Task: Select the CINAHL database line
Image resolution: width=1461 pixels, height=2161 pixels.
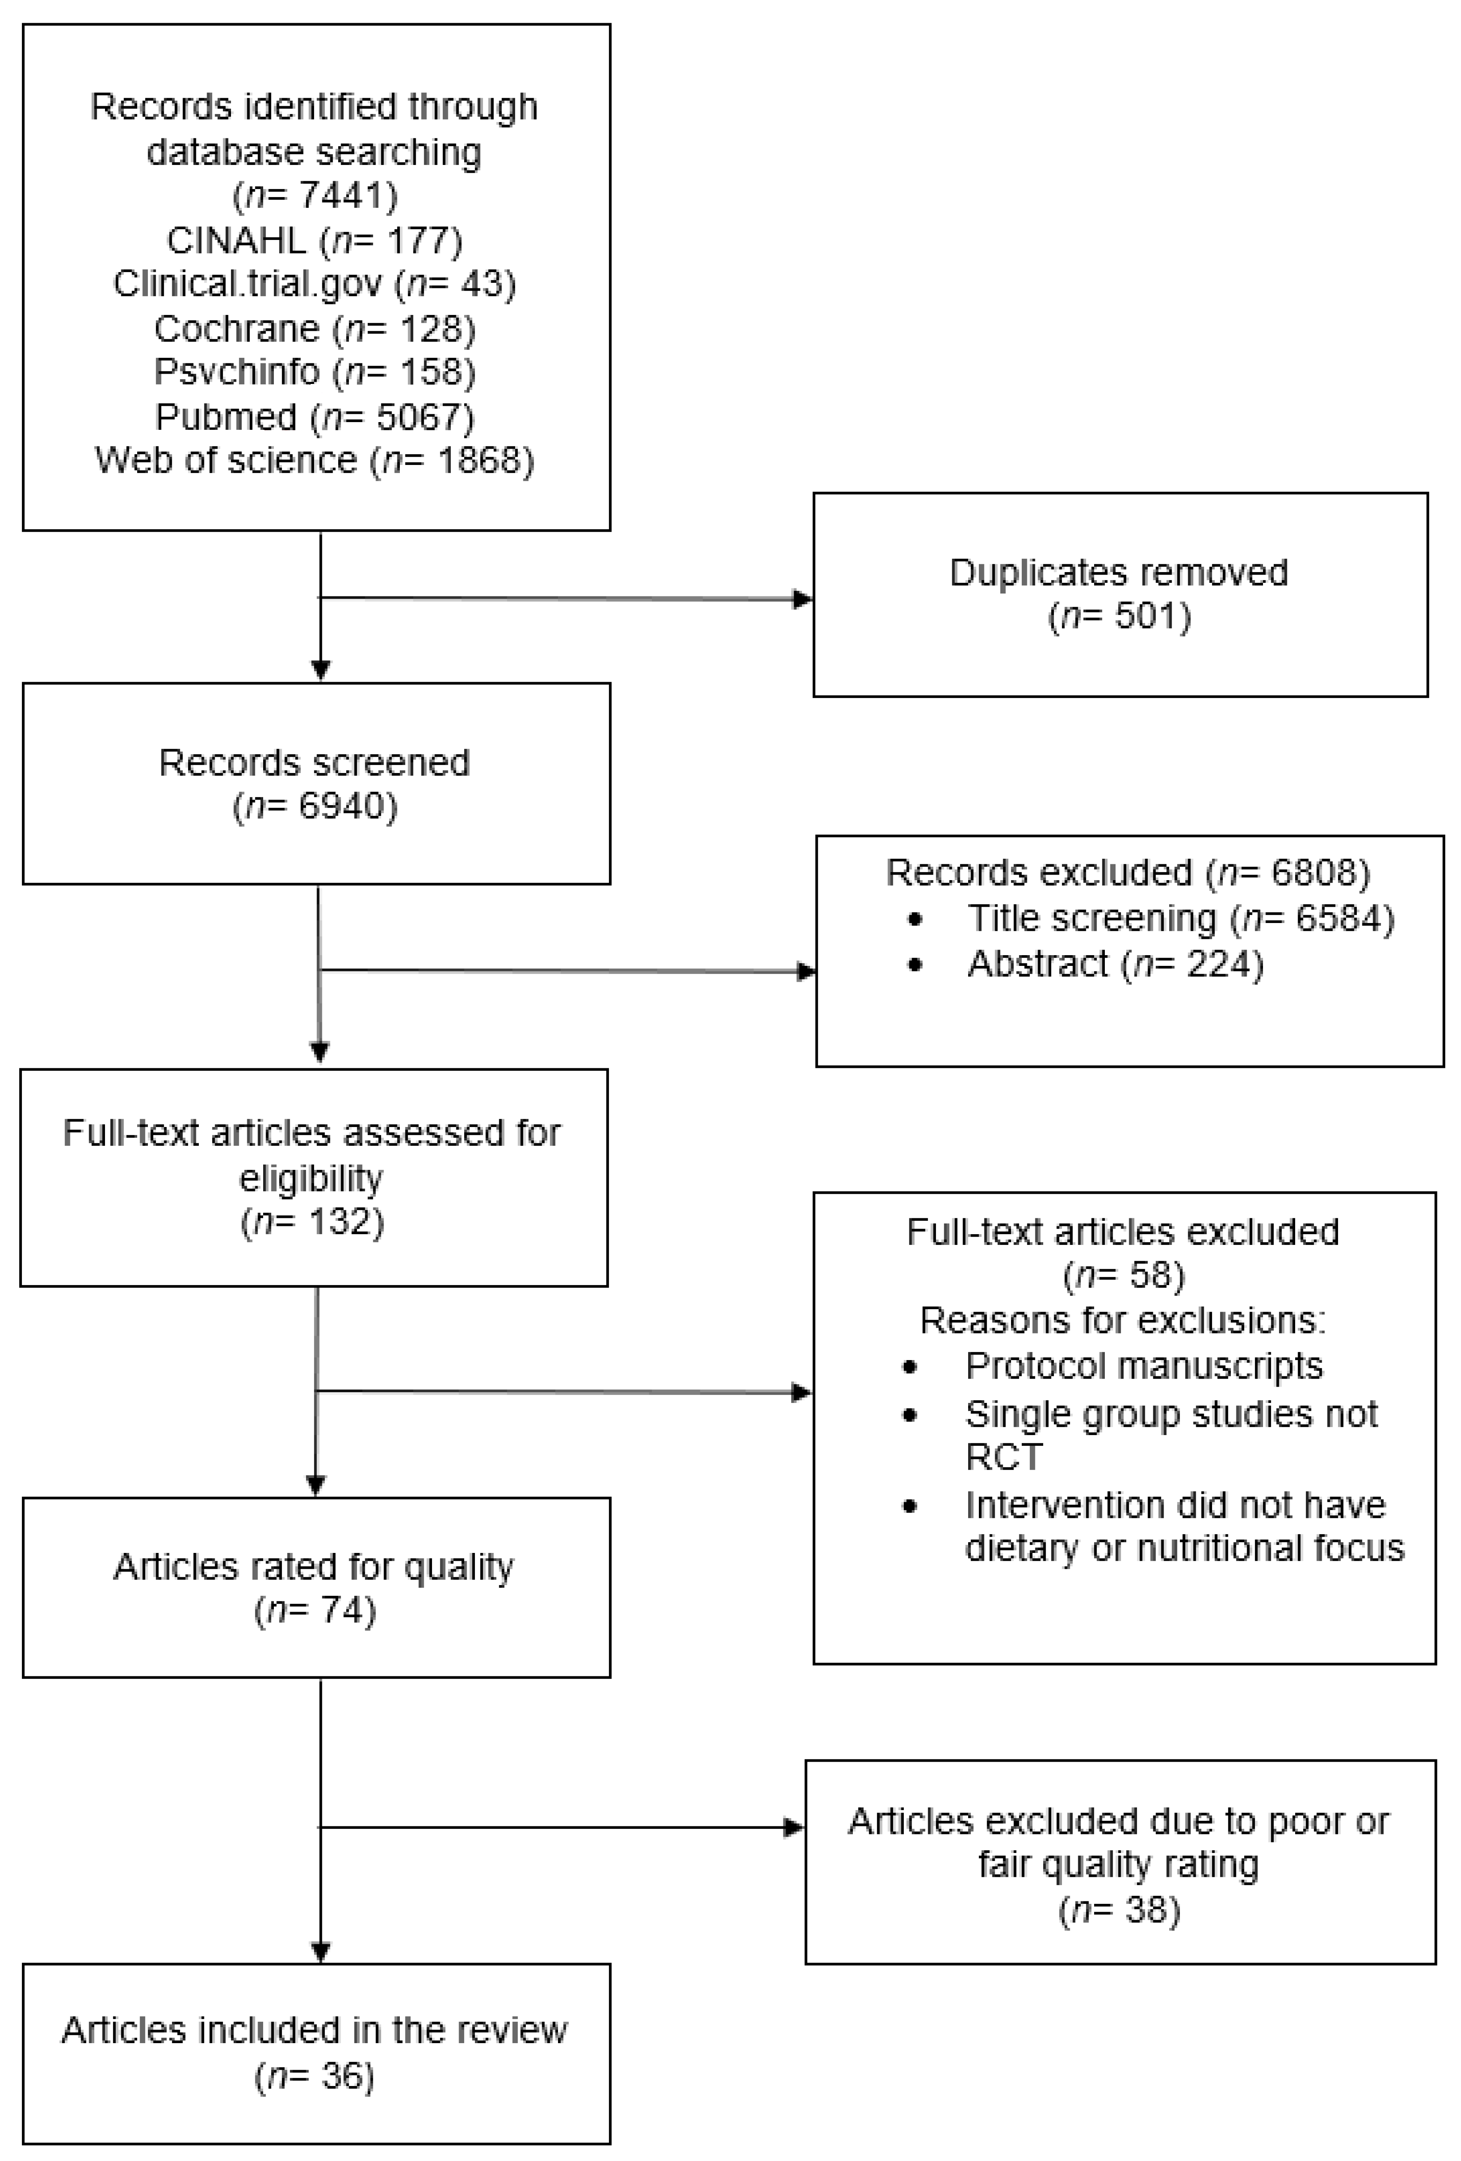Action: (x=314, y=241)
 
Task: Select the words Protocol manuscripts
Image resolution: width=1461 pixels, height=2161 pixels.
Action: (x=1144, y=1366)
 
